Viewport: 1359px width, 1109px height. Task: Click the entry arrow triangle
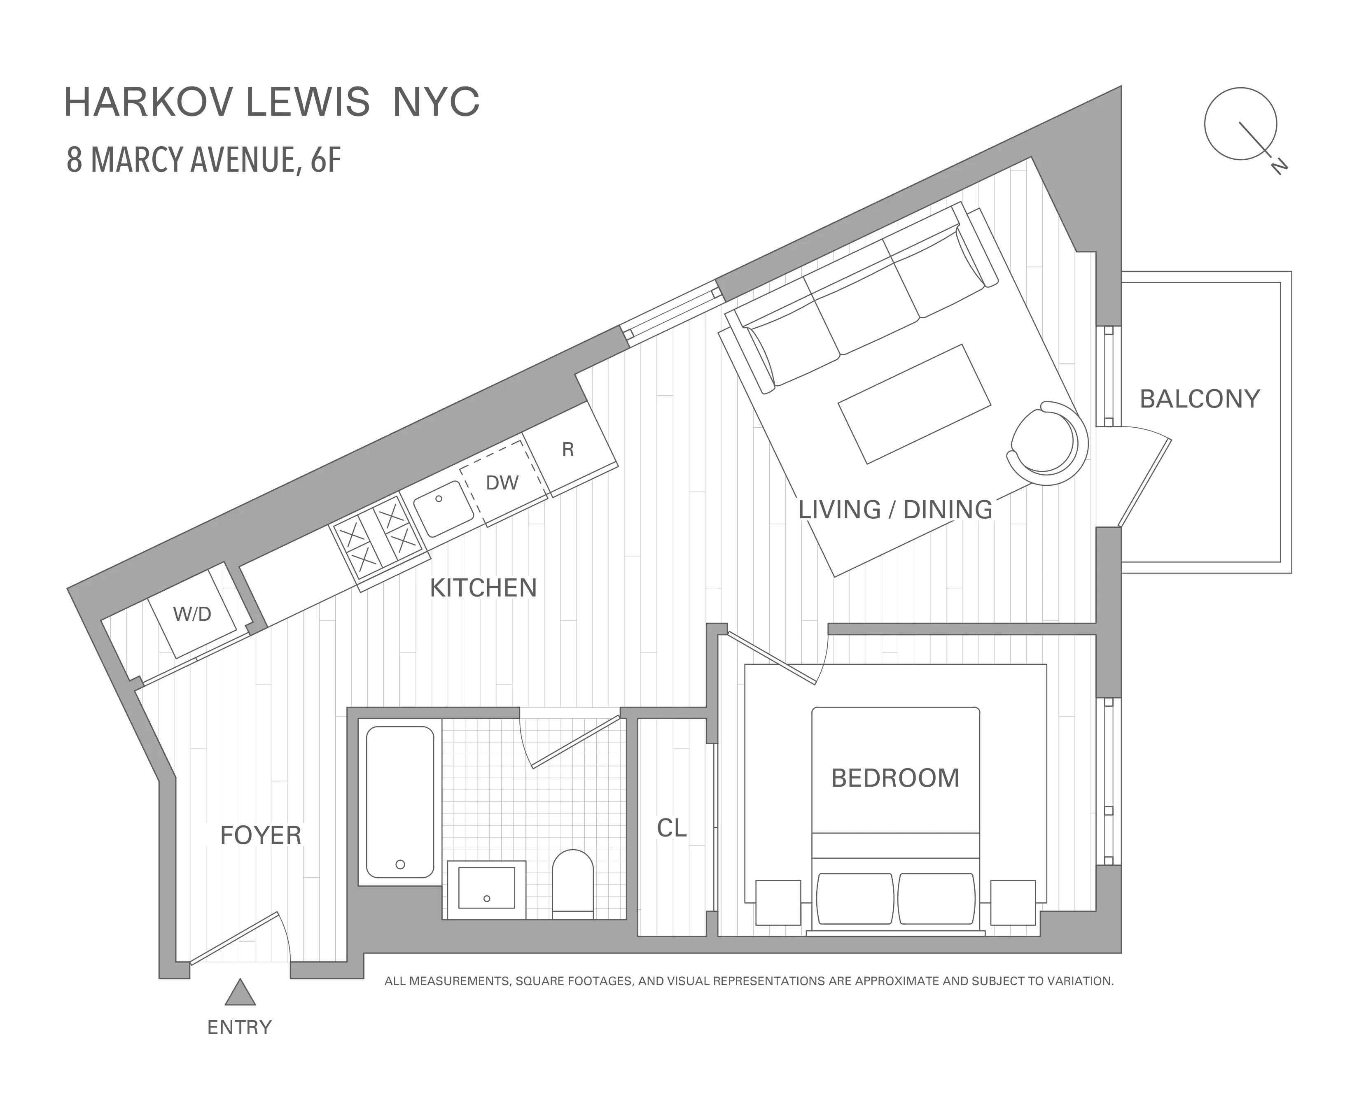pos(240,993)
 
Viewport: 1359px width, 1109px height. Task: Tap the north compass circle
pos(1240,124)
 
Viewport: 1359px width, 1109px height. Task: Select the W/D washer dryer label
pos(191,614)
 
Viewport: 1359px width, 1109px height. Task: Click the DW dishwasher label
pos(502,483)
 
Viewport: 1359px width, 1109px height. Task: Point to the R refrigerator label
pos(568,450)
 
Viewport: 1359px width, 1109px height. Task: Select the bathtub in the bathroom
pos(400,802)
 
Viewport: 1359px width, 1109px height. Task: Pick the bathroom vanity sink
pos(487,888)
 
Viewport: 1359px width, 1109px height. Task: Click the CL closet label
pos(672,829)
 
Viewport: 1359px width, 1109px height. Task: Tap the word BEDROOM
pos(895,778)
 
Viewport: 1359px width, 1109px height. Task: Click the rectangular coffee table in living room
pos(914,404)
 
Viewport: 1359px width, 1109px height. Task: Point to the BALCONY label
pos(1199,399)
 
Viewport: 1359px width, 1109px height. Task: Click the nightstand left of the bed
pos(778,902)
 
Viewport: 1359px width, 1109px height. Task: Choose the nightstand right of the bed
pos(1013,902)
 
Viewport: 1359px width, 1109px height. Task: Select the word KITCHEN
pos(483,588)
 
